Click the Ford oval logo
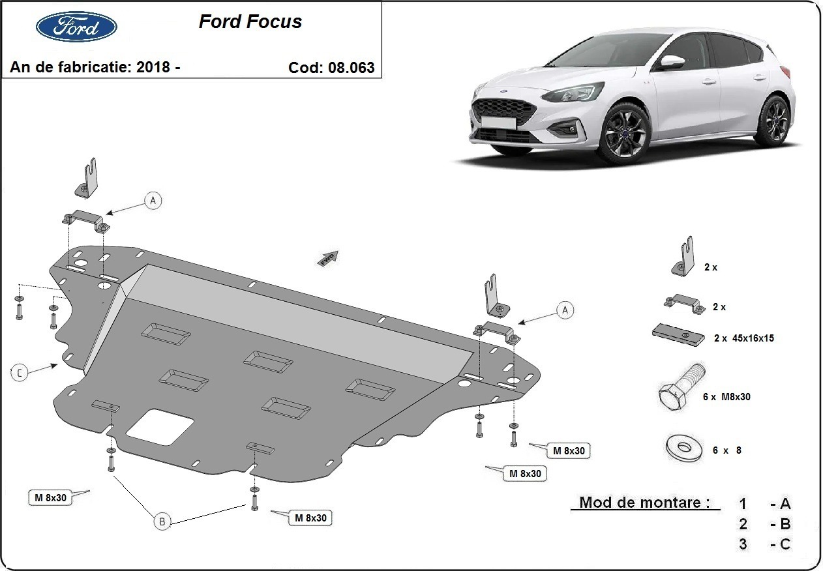point(76,27)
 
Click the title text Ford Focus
point(250,22)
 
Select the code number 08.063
point(353,67)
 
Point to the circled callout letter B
point(162,520)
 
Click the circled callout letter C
point(20,372)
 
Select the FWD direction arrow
point(328,257)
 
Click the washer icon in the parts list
point(681,448)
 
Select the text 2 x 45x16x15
point(743,338)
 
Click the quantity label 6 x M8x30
point(726,396)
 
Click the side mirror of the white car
point(671,62)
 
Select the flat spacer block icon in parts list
point(678,334)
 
